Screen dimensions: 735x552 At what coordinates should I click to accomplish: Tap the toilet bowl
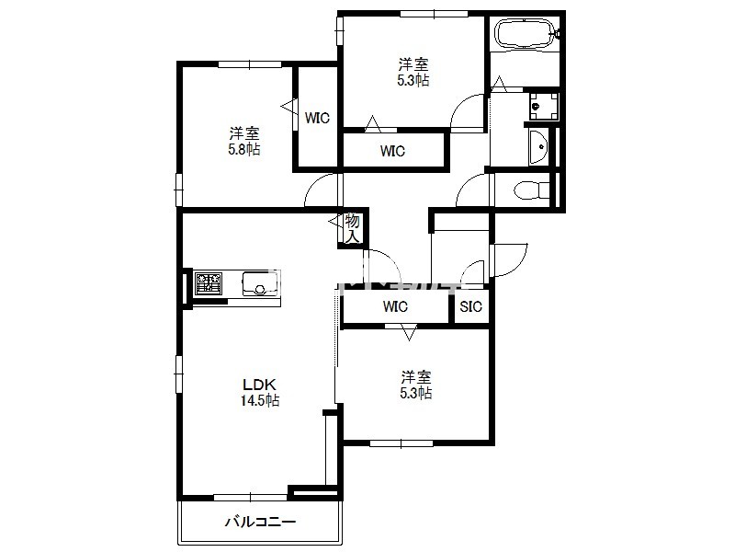pyautogui.click(x=531, y=190)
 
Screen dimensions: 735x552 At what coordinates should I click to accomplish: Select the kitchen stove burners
pyautogui.click(x=209, y=283)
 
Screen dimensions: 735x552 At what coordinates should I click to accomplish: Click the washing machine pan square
pyautogui.click(x=544, y=107)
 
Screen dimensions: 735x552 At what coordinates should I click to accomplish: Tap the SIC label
pyautogui.click(x=470, y=306)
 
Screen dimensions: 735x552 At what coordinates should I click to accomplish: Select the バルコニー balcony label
pyautogui.click(x=261, y=522)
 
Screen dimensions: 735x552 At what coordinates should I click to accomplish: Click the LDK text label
pyautogui.click(x=259, y=385)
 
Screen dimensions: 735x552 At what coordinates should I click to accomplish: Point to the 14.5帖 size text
pyautogui.click(x=261, y=400)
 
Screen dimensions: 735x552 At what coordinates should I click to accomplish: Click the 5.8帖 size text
pyautogui.click(x=244, y=149)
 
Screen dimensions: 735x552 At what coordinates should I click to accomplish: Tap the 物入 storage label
pyautogui.click(x=353, y=228)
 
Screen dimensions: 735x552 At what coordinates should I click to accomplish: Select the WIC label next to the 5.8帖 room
pyautogui.click(x=317, y=118)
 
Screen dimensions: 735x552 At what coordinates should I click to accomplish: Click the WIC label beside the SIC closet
pyautogui.click(x=395, y=306)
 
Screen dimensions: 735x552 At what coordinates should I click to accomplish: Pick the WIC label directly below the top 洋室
pyautogui.click(x=393, y=151)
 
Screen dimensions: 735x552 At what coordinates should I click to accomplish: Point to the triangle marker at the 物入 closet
pyautogui.click(x=334, y=221)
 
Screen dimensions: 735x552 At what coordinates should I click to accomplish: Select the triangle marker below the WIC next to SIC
pyautogui.click(x=409, y=334)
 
